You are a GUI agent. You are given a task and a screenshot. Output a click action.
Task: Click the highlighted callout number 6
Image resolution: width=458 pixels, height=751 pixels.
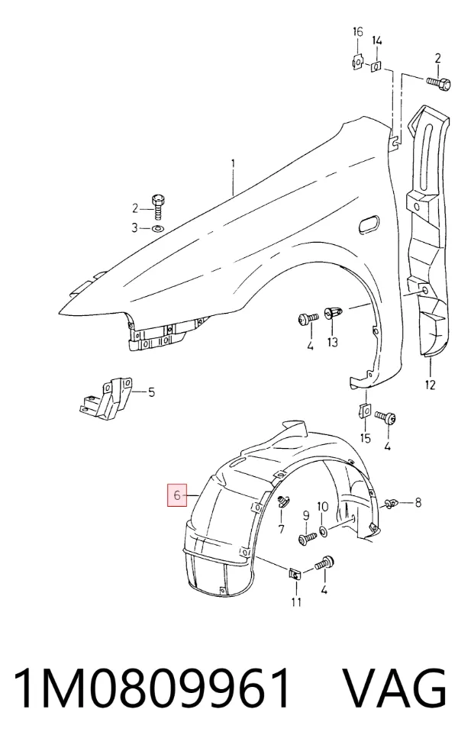point(177,495)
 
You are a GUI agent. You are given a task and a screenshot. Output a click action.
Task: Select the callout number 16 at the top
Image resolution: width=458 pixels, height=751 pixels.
point(358,32)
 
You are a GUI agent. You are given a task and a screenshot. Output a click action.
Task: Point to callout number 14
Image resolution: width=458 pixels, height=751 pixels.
point(377,40)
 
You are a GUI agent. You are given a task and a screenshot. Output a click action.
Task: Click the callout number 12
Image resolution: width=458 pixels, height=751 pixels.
point(430,384)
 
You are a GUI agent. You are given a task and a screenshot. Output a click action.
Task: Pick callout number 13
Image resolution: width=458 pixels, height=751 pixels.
point(333,342)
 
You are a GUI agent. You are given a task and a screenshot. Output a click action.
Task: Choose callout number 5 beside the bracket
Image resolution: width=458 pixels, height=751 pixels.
point(151,393)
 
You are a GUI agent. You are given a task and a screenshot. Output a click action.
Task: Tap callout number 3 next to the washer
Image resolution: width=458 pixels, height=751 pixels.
point(134,227)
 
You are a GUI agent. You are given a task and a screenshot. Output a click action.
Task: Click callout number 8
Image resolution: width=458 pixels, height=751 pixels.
point(418,502)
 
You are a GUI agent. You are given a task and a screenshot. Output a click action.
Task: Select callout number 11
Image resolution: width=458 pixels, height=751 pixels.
point(296,601)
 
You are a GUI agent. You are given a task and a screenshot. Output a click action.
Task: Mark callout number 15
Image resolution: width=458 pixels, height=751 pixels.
point(365,437)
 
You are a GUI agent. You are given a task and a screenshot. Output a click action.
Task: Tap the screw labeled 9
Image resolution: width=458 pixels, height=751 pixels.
point(307,539)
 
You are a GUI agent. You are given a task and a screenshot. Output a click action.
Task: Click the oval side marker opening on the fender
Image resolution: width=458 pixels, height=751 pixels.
point(368,223)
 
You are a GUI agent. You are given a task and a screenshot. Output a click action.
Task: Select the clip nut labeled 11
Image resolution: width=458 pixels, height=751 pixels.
point(295,573)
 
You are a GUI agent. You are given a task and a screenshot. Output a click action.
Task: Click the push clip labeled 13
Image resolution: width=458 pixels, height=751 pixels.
point(333,314)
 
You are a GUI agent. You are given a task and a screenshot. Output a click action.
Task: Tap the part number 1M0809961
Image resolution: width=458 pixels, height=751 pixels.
point(153,688)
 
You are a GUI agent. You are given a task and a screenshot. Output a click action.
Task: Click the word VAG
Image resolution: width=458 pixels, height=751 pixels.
point(395,688)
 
